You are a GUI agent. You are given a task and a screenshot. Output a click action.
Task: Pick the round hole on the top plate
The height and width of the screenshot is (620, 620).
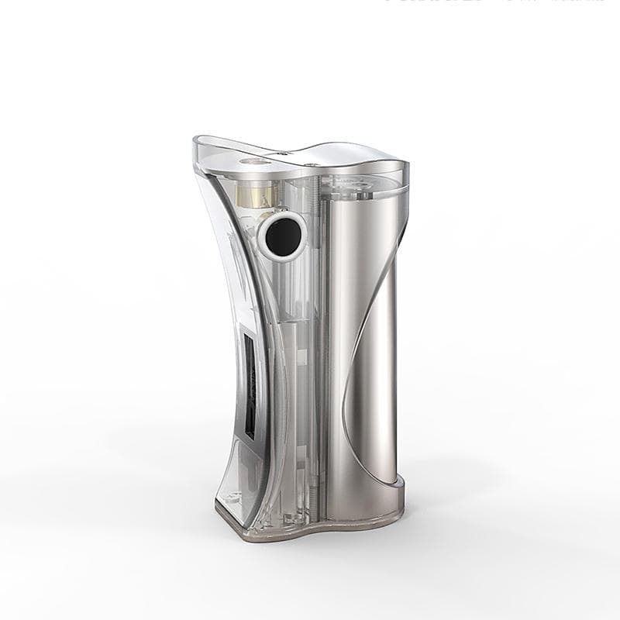(250, 162)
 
